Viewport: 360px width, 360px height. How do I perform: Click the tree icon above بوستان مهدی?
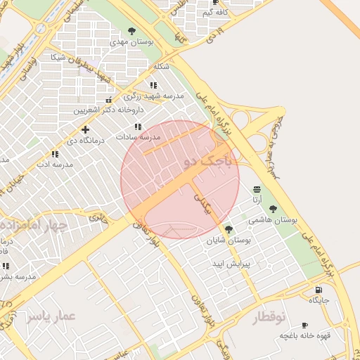(x=132, y=30)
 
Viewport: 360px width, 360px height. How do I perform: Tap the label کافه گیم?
(x=215, y=13)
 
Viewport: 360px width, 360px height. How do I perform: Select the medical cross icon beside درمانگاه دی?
(x=85, y=129)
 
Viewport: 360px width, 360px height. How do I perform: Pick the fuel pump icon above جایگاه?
(x=319, y=289)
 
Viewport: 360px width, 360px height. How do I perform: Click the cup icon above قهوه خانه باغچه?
(x=304, y=325)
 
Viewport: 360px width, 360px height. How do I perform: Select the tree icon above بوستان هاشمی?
(x=273, y=209)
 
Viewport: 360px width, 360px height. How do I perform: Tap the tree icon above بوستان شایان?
(x=228, y=229)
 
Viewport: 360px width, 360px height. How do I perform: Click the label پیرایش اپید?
(x=228, y=263)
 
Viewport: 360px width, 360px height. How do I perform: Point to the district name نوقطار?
(x=269, y=318)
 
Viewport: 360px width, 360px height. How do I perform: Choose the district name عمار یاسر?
(x=51, y=317)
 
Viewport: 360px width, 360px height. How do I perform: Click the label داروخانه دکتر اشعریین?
(x=110, y=110)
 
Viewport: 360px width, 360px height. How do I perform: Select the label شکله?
(x=161, y=66)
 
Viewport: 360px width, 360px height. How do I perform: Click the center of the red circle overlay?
(x=180, y=179)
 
